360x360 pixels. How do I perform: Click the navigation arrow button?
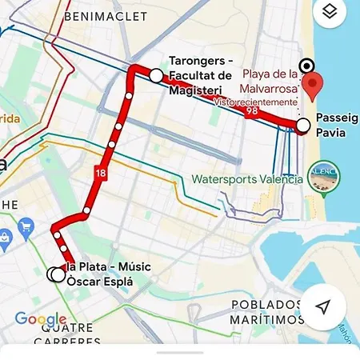tap(323, 306)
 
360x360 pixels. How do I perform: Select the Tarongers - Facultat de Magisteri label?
tap(202, 76)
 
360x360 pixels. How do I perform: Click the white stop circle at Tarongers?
tap(155, 75)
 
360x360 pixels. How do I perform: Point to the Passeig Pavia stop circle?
tap(302, 125)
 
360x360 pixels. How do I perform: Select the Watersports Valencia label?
tap(247, 179)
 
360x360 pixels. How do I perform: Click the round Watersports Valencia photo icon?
tap(325, 182)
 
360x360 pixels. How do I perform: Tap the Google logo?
tap(41, 320)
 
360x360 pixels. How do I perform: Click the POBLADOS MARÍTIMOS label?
tap(268, 312)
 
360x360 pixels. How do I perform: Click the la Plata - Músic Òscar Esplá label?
tap(108, 274)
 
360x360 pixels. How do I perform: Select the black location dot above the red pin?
tap(306, 66)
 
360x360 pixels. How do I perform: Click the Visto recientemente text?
tap(255, 102)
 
